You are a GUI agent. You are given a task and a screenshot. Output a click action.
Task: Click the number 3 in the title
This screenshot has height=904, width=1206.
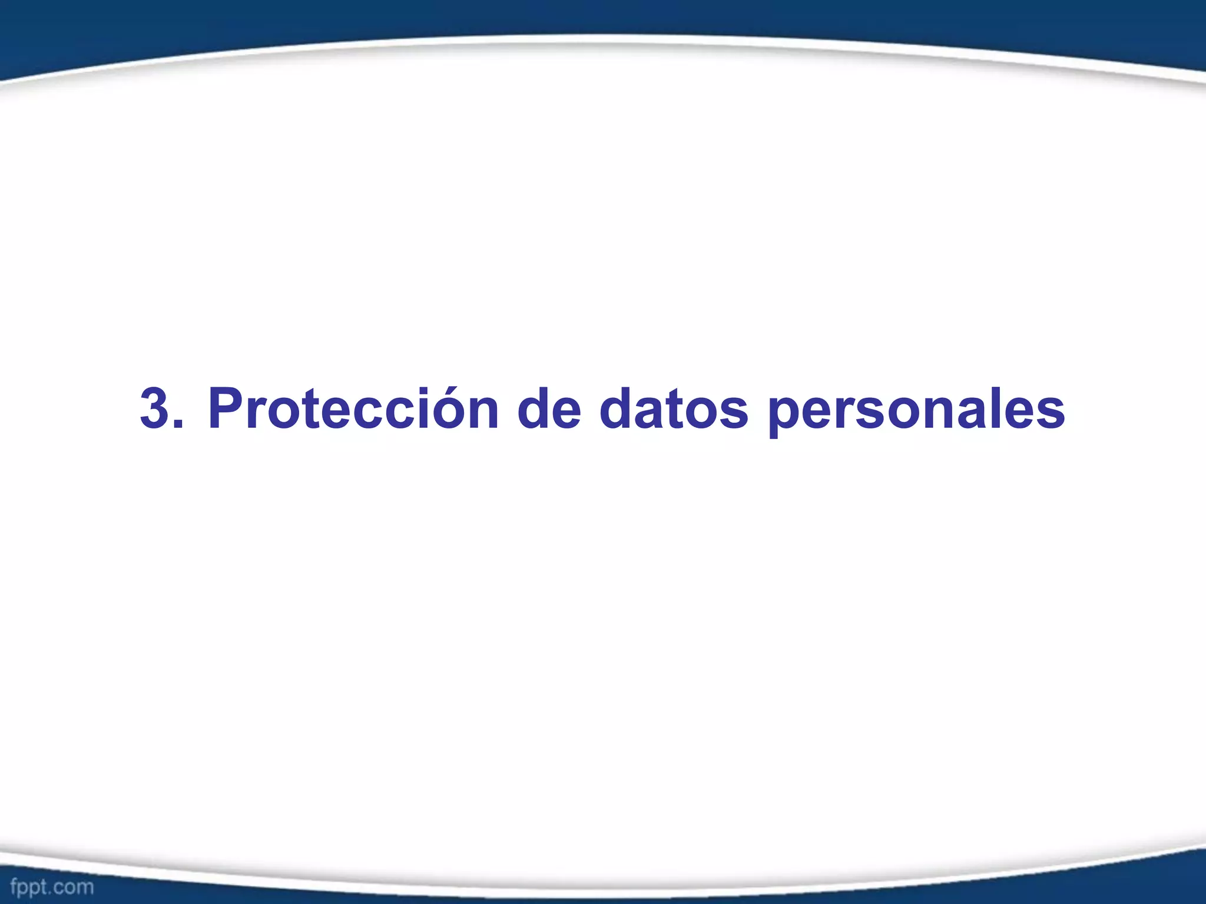156,408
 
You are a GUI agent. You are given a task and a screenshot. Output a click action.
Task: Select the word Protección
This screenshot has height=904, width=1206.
353,408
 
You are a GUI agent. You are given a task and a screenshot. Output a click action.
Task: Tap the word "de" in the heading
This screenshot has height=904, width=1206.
549,408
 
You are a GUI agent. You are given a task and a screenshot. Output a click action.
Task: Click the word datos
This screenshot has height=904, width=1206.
674,408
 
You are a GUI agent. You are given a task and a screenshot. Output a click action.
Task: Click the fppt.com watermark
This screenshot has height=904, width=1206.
52,887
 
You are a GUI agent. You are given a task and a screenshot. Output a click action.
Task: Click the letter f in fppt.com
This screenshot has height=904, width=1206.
14,886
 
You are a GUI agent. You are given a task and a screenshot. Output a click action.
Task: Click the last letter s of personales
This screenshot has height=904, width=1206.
1050,412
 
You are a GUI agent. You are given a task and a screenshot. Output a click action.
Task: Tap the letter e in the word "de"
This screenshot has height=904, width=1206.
565,412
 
